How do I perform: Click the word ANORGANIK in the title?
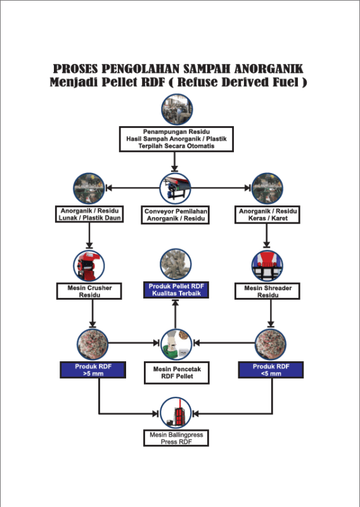(x=269, y=69)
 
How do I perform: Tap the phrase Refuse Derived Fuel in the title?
(x=238, y=82)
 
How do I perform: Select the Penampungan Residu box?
(x=176, y=139)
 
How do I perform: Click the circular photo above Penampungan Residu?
(x=177, y=110)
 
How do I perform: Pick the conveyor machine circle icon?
(x=176, y=188)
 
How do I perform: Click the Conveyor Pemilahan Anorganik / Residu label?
(x=176, y=215)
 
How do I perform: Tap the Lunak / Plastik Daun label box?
(x=89, y=214)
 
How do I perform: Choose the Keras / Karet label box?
(x=267, y=215)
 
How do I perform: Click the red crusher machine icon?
(x=89, y=266)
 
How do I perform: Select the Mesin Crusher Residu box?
(x=89, y=292)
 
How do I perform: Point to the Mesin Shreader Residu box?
(x=267, y=292)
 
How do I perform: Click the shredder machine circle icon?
(x=267, y=266)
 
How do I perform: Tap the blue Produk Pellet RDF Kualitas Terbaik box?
(x=176, y=290)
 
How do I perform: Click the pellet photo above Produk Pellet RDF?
(x=176, y=264)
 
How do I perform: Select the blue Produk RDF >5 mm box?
(x=93, y=370)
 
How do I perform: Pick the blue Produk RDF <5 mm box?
(x=271, y=370)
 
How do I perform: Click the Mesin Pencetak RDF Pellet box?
(x=177, y=373)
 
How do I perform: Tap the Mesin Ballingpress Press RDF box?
(x=176, y=438)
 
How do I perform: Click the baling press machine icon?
(x=176, y=413)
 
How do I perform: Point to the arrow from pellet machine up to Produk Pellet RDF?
(x=176, y=314)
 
